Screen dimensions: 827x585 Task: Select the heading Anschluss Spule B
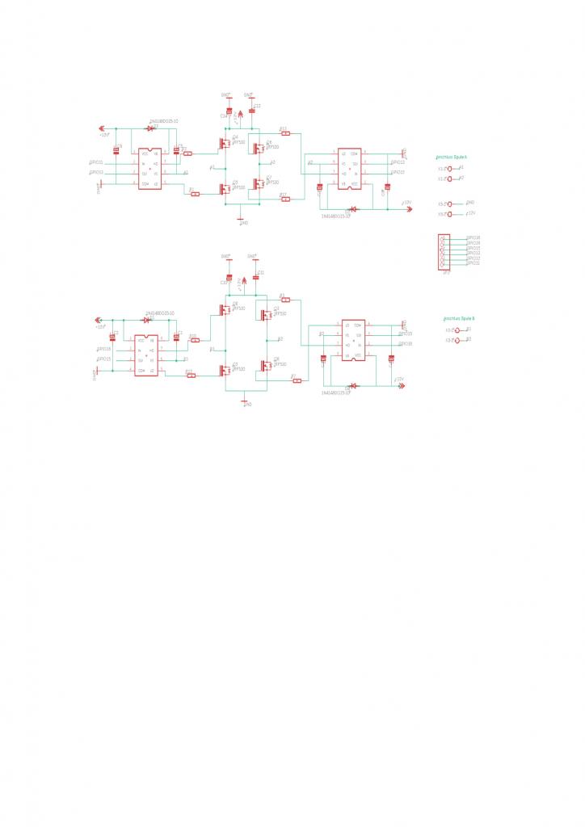(x=458, y=319)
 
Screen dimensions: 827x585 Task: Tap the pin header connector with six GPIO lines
(x=442, y=251)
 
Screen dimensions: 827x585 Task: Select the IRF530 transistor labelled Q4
(x=223, y=143)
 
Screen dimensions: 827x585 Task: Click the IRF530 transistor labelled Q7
(x=259, y=183)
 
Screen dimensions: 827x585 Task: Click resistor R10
(x=194, y=339)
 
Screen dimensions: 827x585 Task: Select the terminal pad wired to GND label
(x=450, y=204)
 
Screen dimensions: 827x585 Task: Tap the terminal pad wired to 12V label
(x=450, y=215)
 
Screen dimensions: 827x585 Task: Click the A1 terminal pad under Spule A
(x=450, y=169)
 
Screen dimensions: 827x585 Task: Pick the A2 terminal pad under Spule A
(x=450, y=179)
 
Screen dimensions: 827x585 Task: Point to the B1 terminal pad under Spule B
(x=457, y=330)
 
